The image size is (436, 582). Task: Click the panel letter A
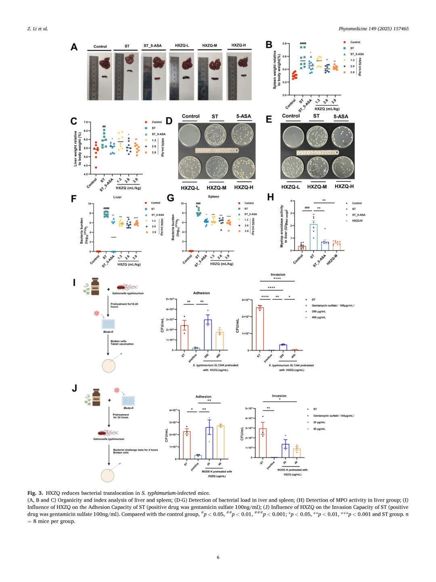(x=74, y=47)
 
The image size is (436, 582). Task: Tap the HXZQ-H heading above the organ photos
(x=239, y=45)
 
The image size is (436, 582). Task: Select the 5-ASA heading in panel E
(x=341, y=116)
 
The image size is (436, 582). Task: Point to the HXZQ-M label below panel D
(x=216, y=188)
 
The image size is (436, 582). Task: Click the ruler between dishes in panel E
(x=317, y=152)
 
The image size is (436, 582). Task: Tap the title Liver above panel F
(x=117, y=197)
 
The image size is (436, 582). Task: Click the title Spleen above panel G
(x=214, y=196)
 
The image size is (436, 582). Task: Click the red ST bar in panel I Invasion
(x=260, y=329)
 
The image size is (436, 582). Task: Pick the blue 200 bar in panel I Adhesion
(x=208, y=335)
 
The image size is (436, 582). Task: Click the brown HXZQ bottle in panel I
(x=95, y=287)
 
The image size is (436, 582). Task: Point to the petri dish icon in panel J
(x=108, y=475)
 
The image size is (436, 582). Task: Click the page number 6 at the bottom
(x=218, y=557)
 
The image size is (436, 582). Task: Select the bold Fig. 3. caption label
(x=35, y=493)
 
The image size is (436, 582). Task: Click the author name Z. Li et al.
(x=38, y=29)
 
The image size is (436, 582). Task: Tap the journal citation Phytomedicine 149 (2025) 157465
(x=373, y=29)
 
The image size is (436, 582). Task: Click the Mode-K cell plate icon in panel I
(x=108, y=324)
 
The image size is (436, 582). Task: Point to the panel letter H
(x=270, y=197)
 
